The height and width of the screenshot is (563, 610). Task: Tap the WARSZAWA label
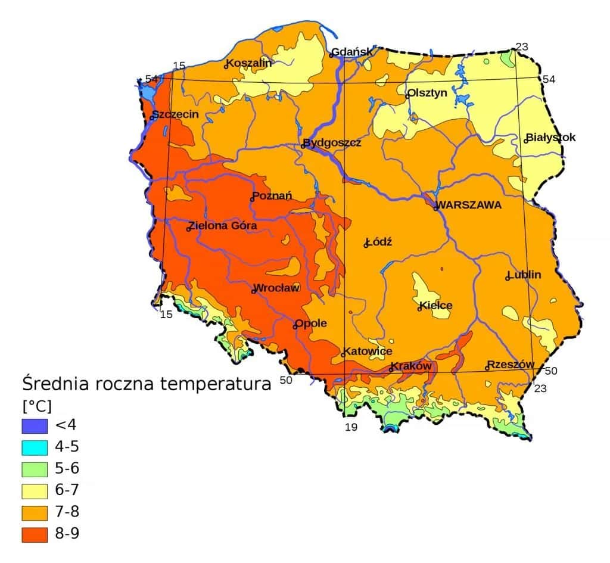[x=469, y=205]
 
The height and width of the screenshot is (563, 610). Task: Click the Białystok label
[x=550, y=138]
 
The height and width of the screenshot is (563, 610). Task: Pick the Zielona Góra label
[x=223, y=226]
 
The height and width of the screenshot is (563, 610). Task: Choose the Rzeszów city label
[x=511, y=365]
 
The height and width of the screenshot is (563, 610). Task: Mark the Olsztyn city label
[x=427, y=93]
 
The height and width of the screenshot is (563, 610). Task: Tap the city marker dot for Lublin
[x=507, y=278]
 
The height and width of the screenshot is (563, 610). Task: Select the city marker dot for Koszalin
[x=226, y=66]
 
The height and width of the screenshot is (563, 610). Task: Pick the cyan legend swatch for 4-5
[x=34, y=447]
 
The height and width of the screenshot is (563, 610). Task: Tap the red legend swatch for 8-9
[x=34, y=534]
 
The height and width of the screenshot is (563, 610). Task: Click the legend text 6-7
[x=67, y=490]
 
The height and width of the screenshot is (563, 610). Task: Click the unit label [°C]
[x=37, y=406]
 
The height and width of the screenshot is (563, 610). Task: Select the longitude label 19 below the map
[x=351, y=427]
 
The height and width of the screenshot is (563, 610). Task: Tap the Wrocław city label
[x=277, y=288]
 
